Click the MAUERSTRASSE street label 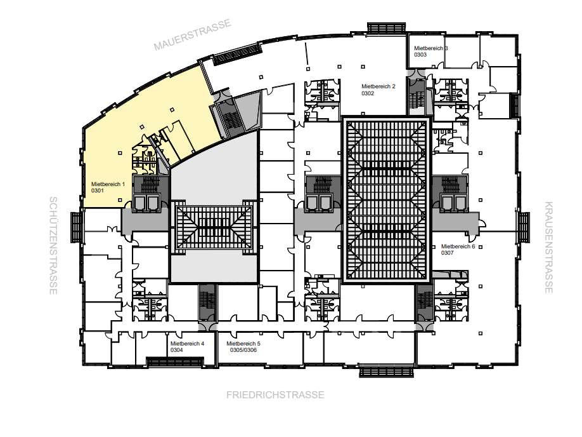click(193, 34)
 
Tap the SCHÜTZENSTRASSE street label click(53, 245)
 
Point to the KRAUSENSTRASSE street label click(548, 247)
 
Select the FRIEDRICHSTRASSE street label click(275, 394)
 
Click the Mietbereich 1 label click(108, 184)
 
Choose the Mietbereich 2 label click(378, 86)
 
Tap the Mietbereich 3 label click(431, 48)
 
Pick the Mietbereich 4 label click(188, 344)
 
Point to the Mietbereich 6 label click(458, 246)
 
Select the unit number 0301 click(98, 191)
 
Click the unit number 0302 click(368, 93)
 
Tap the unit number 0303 click(420, 55)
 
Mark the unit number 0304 click(177, 350)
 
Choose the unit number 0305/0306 click(243, 350)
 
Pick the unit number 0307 click(447, 253)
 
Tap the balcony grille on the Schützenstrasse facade click(76, 227)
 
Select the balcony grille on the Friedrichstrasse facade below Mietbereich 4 click(175, 361)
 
